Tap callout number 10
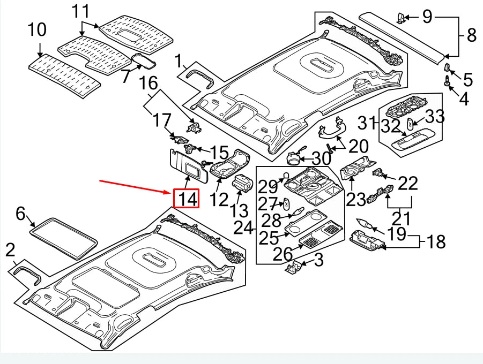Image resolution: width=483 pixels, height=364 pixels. pyautogui.click(x=37, y=30)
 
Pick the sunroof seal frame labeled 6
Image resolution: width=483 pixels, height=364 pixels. pyautogui.click(x=65, y=238)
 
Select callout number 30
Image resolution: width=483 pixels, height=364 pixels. pyautogui.click(x=321, y=159)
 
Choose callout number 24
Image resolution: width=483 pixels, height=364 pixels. pyautogui.click(x=243, y=229)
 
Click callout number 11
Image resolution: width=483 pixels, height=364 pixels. pyautogui.click(x=81, y=11)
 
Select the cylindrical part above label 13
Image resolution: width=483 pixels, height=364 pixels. pyautogui.click(x=243, y=184)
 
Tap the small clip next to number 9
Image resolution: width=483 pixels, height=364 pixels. pyautogui.click(x=400, y=18)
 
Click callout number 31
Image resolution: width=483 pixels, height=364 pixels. pyautogui.click(x=368, y=123)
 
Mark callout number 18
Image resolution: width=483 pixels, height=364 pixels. pyautogui.click(x=436, y=242)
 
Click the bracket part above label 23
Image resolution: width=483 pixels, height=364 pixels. pyautogui.click(x=358, y=168)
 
